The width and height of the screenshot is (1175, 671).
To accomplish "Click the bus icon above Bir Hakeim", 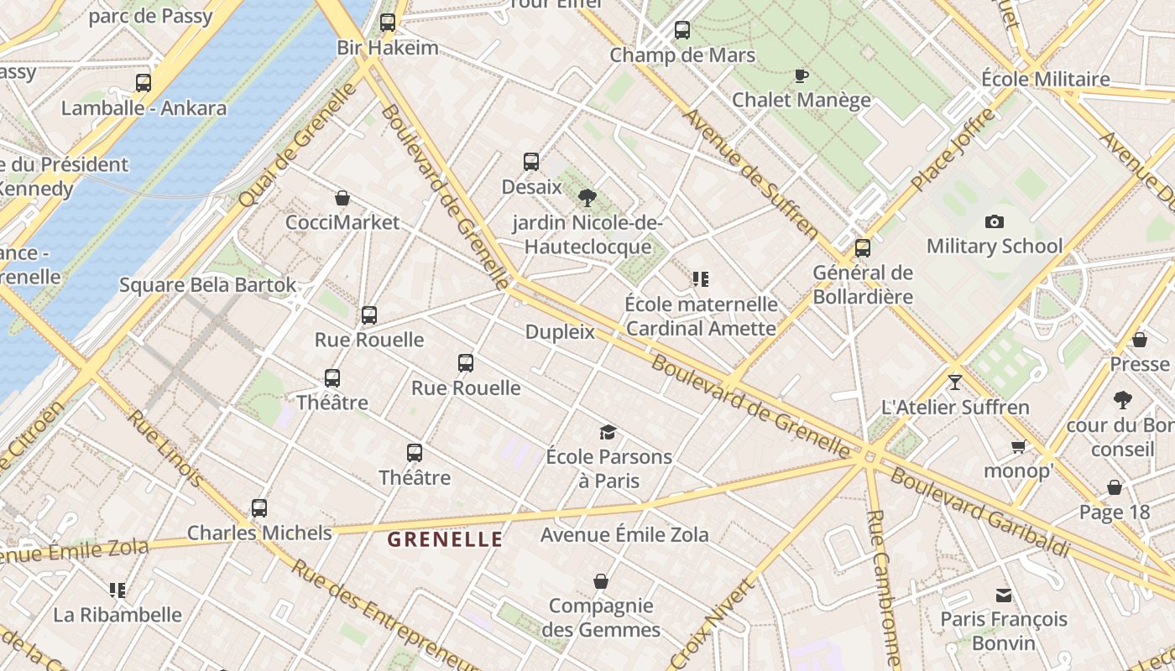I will pyautogui.click(x=388, y=23).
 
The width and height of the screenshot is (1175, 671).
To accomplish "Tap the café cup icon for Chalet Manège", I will pyautogui.click(x=802, y=75).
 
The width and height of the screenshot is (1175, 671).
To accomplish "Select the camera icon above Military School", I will pyautogui.click(x=995, y=221).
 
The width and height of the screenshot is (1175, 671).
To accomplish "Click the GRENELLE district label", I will pyautogui.click(x=445, y=539).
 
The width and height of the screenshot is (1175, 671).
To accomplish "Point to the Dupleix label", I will pyautogui.click(x=560, y=332).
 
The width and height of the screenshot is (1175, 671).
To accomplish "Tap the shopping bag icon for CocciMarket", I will pyautogui.click(x=342, y=198).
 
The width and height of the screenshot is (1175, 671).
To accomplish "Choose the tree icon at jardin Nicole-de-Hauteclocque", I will pyautogui.click(x=587, y=198).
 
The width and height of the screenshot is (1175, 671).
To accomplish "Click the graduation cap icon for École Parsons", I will pyautogui.click(x=608, y=432).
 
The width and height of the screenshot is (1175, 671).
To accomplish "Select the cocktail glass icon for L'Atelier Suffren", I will pyautogui.click(x=955, y=382).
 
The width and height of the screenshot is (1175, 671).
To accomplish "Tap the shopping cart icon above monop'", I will pyautogui.click(x=1018, y=446).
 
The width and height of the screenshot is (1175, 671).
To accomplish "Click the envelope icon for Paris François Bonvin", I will pyautogui.click(x=1004, y=595).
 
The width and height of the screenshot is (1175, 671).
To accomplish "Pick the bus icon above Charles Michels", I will pyautogui.click(x=259, y=507).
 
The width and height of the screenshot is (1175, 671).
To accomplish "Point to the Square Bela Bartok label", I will pyautogui.click(x=208, y=285).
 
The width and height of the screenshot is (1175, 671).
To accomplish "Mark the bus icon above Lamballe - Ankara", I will pyautogui.click(x=144, y=83).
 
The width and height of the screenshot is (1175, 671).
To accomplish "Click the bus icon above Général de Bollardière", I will pyautogui.click(x=863, y=248).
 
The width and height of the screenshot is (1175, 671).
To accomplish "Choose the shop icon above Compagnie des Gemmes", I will pyautogui.click(x=601, y=581).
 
